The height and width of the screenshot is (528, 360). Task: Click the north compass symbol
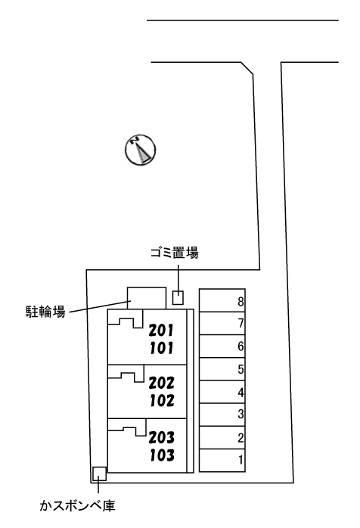[140, 150]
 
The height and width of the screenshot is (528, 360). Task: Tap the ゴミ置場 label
[174, 253]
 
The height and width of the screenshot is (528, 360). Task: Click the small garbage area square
[178, 298]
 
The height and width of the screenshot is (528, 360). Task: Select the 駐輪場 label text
[45, 312]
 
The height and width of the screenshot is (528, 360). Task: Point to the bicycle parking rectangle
[147, 298]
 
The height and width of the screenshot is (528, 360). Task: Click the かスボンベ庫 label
[77, 505]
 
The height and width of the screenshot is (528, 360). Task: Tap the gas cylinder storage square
[99, 474]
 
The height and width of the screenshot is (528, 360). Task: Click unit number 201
[161, 331]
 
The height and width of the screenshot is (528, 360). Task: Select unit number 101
[161, 348]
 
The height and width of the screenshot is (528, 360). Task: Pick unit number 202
[162, 383]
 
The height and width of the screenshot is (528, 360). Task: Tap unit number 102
[162, 400]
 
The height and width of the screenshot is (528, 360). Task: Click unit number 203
[162, 437]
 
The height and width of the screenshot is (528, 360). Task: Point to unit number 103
[162, 455]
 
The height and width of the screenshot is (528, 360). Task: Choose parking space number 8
[241, 301]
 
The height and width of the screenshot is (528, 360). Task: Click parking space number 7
[241, 323]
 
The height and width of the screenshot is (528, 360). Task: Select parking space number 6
[241, 346]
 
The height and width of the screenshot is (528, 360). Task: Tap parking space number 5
[241, 369]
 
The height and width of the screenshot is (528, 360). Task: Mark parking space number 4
[241, 393]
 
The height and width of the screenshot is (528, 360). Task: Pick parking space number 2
[241, 438]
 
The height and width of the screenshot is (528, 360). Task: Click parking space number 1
[241, 460]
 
